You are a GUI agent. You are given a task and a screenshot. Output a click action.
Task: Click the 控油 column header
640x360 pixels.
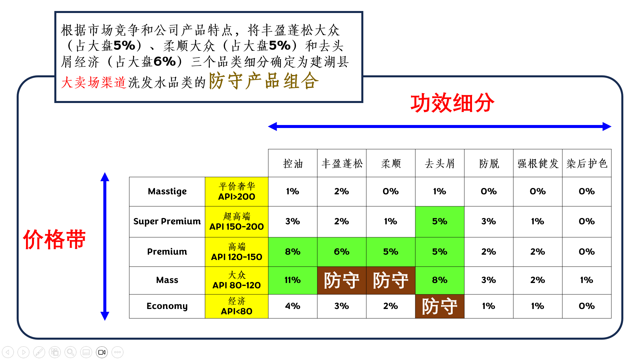pyautogui.click(x=293, y=163)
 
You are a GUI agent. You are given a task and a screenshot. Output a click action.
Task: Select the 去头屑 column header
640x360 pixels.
pyautogui.click(x=440, y=163)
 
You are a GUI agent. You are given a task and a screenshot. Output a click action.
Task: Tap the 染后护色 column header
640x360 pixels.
pyautogui.click(x=587, y=163)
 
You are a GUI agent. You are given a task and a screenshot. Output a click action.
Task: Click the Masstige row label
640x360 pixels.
pyautogui.click(x=167, y=192)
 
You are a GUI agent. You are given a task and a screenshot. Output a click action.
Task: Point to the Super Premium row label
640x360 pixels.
pyautogui.click(x=167, y=222)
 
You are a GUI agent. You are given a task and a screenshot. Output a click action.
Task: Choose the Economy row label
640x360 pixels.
pyautogui.click(x=167, y=306)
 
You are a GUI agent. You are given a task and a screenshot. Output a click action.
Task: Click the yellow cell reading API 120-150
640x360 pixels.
pyautogui.click(x=237, y=252)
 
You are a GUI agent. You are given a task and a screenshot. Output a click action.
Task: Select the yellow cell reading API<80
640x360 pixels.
pyautogui.click(x=237, y=306)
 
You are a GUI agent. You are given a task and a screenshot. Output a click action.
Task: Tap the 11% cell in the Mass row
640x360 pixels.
pyautogui.click(x=293, y=280)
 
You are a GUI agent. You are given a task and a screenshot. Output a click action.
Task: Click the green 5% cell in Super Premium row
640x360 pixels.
pyautogui.click(x=440, y=222)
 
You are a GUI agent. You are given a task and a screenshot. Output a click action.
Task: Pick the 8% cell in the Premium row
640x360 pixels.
pyautogui.click(x=293, y=252)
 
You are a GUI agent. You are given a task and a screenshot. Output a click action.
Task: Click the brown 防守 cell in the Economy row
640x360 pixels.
pyautogui.click(x=440, y=306)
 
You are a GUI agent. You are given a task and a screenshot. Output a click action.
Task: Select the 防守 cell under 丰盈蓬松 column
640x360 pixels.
pyautogui.click(x=342, y=280)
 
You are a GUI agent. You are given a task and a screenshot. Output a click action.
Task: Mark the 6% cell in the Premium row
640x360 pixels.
pyautogui.click(x=342, y=252)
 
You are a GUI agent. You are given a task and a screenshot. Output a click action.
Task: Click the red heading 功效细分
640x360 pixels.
pyautogui.click(x=452, y=103)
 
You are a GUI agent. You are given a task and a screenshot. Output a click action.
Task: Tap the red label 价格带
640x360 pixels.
pyautogui.click(x=54, y=239)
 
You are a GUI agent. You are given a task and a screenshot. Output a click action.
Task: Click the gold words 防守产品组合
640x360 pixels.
pyautogui.click(x=264, y=81)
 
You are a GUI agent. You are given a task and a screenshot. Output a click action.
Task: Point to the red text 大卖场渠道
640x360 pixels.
pyautogui.click(x=93, y=82)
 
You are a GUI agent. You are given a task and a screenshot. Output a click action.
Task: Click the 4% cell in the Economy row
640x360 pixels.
pyautogui.click(x=293, y=306)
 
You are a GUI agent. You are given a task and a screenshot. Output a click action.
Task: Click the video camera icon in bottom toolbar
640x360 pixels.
pyautogui.click(x=102, y=352)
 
